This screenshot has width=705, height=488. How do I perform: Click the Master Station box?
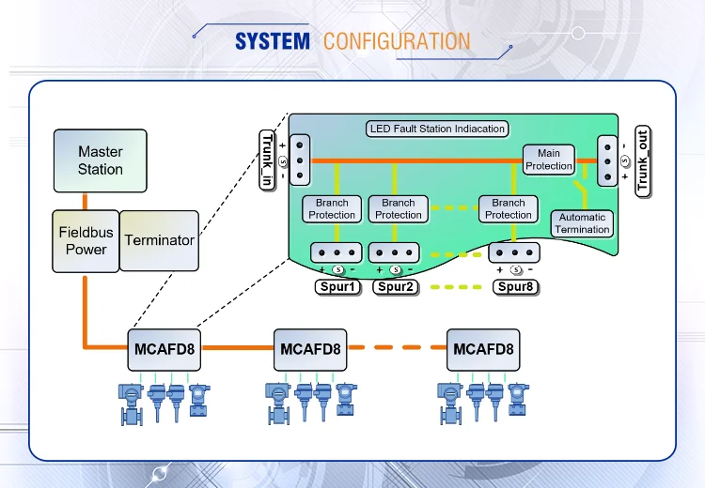pyautogui.click(x=101, y=160)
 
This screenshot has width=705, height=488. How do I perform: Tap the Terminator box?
pyautogui.click(x=160, y=240)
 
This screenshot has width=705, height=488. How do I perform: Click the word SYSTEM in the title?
pyautogui.click(x=272, y=41)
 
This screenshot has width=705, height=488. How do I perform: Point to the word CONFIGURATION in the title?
pyautogui.click(x=396, y=41)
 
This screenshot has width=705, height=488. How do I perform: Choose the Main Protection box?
pyautogui.click(x=549, y=160)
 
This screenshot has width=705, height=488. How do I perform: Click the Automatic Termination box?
pyautogui.click(x=582, y=223)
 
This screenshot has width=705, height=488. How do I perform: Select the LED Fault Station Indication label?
pyautogui.click(x=437, y=129)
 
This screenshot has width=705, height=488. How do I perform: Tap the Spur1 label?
pyautogui.click(x=337, y=286)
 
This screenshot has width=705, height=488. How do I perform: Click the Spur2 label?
pyautogui.click(x=396, y=286)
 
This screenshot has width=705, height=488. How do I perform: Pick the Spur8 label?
pyautogui.click(x=515, y=286)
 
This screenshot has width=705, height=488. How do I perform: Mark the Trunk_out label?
pyautogui.click(x=643, y=160)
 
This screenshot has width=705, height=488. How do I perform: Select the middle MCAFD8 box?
pyautogui.click(x=309, y=349)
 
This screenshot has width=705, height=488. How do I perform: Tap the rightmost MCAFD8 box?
pyautogui.click(x=483, y=349)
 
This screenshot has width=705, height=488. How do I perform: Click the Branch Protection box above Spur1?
pyautogui.click(x=332, y=208)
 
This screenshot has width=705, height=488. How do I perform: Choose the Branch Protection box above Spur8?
pyautogui.click(x=509, y=208)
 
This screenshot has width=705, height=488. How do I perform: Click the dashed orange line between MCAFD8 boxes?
pyautogui.click(x=396, y=348)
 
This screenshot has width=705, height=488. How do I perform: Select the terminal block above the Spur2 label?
pyautogui.click(x=396, y=253)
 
